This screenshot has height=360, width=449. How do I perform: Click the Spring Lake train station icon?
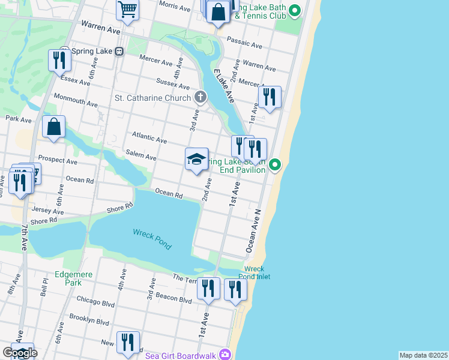click(119, 52)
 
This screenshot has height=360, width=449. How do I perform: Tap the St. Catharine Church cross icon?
click(200, 97)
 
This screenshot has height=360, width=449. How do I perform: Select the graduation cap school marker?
click(196, 160)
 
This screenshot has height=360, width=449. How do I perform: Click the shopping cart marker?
click(127, 9)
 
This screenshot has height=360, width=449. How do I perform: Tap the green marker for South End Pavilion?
click(275, 164)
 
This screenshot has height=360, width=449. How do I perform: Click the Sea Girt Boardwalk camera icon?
click(224, 355)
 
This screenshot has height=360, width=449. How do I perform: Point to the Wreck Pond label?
click(152, 239)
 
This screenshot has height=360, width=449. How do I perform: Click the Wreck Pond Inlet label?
click(257, 272)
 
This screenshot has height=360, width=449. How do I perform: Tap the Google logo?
click(19, 352)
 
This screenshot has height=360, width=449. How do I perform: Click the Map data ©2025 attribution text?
click(423, 355)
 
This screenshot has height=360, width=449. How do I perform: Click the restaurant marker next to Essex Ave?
click(58, 60)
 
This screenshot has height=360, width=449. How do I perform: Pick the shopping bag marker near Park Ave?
click(53, 127)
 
